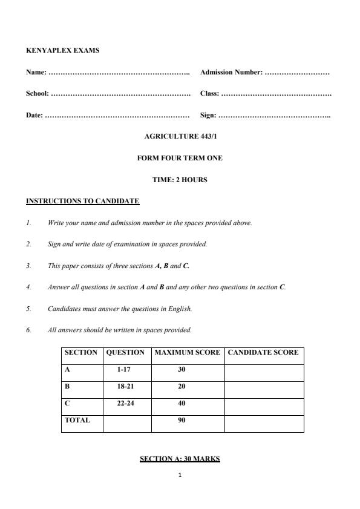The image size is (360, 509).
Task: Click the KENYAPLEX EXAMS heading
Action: pos(62,50)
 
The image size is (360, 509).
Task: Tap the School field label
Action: pos(38,94)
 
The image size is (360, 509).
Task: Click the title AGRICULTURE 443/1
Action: pos(180,137)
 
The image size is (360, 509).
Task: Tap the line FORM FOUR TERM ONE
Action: pos(180,158)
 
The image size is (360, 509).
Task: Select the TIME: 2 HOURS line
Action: pos(180,180)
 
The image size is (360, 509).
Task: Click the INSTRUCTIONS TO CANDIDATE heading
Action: pos(83,201)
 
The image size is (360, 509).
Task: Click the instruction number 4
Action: pos(28,287)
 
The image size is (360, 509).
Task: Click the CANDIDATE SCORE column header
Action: pos(263,353)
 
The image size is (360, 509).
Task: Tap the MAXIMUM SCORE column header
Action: pos(188,353)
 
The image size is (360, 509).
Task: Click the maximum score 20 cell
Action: pos(182,386)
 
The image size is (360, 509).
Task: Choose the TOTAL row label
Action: pos(77,420)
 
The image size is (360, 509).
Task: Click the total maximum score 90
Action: pos(182,420)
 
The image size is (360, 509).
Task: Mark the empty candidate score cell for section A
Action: pos(264,370)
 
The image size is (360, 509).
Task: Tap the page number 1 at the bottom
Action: pos(180,475)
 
